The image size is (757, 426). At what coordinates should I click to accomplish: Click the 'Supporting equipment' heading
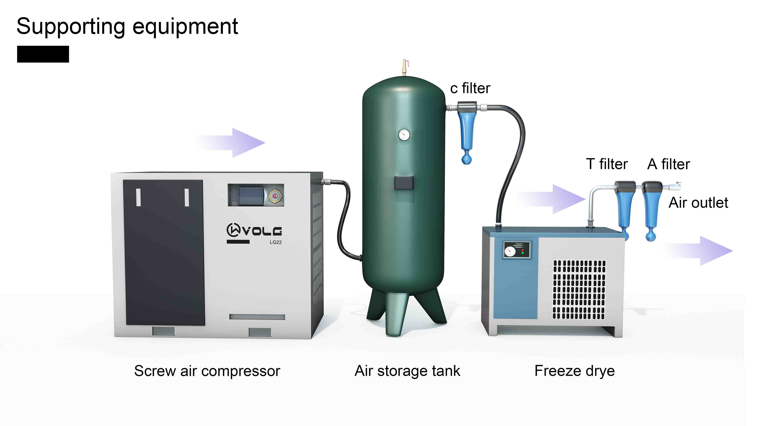(x=127, y=27)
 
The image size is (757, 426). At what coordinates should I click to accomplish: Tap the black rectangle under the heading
(x=43, y=54)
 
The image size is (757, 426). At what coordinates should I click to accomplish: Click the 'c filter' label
(x=470, y=88)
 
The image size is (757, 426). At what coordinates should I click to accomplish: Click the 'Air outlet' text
(x=698, y=203)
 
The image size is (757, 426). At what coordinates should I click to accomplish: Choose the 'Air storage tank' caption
(x=407, y=371)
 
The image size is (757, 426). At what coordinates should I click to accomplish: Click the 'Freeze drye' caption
(x=574, y=371)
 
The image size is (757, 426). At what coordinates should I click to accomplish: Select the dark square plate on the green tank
(x=404, y=183)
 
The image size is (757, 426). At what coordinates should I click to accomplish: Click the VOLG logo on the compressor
(x=254, y=230)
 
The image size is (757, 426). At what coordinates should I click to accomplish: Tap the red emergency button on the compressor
(x=275, y=196)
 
